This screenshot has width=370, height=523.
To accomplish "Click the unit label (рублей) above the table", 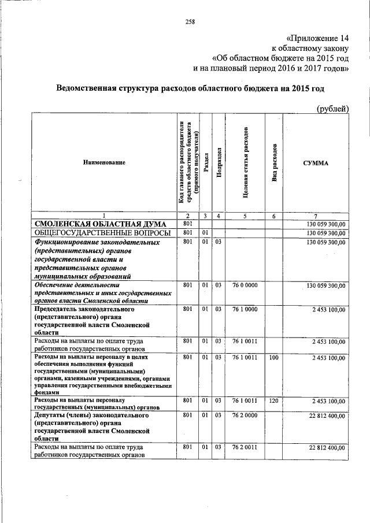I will click(334, 108).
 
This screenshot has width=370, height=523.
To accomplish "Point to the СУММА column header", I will click(316, 163).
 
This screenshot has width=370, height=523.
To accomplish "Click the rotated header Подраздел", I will click(218, 163).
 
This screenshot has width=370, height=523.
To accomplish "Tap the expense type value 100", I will click(274, 358).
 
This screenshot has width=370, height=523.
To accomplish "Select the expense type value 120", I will click(274, 400).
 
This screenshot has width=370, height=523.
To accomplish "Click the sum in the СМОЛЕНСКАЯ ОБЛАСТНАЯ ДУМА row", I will click(326, 224).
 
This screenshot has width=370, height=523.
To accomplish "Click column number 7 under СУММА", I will click(316, 216).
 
